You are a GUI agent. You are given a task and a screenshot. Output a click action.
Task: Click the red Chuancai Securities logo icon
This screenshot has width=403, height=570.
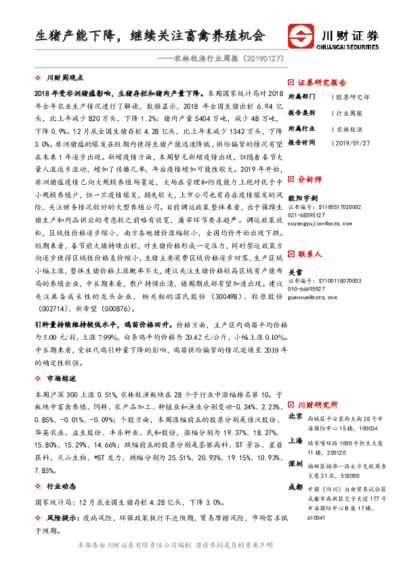tap(301, 37)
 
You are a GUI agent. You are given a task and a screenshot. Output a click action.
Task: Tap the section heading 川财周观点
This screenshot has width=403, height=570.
tap(66, 79)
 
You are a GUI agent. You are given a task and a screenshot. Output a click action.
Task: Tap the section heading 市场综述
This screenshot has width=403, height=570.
tap(62, 378)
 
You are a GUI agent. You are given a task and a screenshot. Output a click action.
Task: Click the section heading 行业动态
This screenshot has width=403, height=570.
tap(62, 486)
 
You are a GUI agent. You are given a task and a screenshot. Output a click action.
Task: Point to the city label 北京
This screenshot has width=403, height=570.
tap(295, 416)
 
